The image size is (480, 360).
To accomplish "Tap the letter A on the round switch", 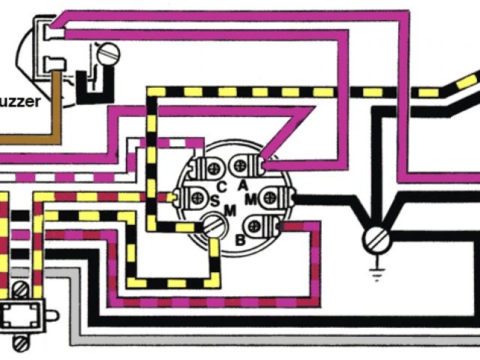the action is coord(242,184).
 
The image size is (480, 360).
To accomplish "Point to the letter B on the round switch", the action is coord(239,239).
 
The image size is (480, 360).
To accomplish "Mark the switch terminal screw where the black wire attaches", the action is coord(279,198).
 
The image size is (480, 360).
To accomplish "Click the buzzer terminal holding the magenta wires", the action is coord(51,31).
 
